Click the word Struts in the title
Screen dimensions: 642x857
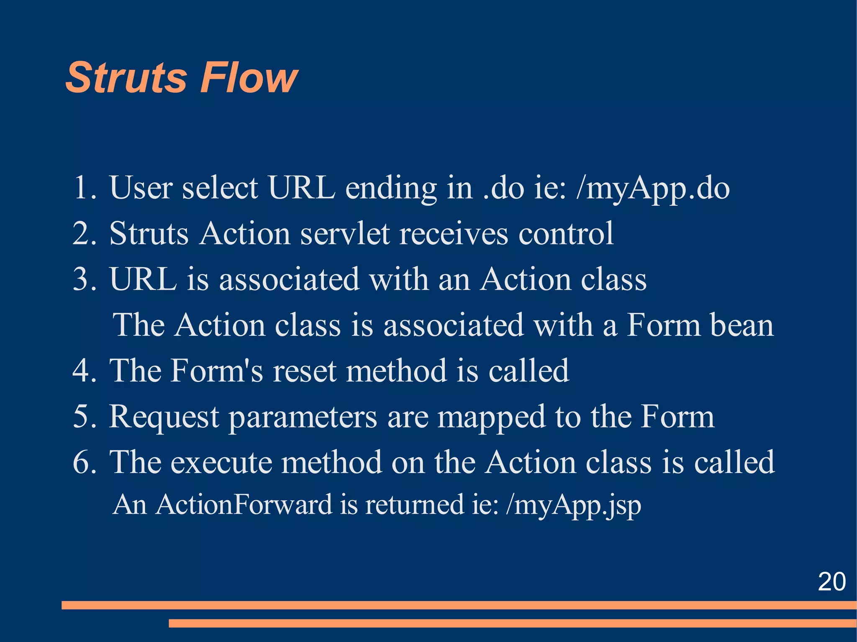126,78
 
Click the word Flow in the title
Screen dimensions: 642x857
249,78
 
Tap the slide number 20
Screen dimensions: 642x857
831,581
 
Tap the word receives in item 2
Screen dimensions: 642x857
454,234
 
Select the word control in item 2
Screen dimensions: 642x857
566,234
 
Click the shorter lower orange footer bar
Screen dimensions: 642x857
513,623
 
